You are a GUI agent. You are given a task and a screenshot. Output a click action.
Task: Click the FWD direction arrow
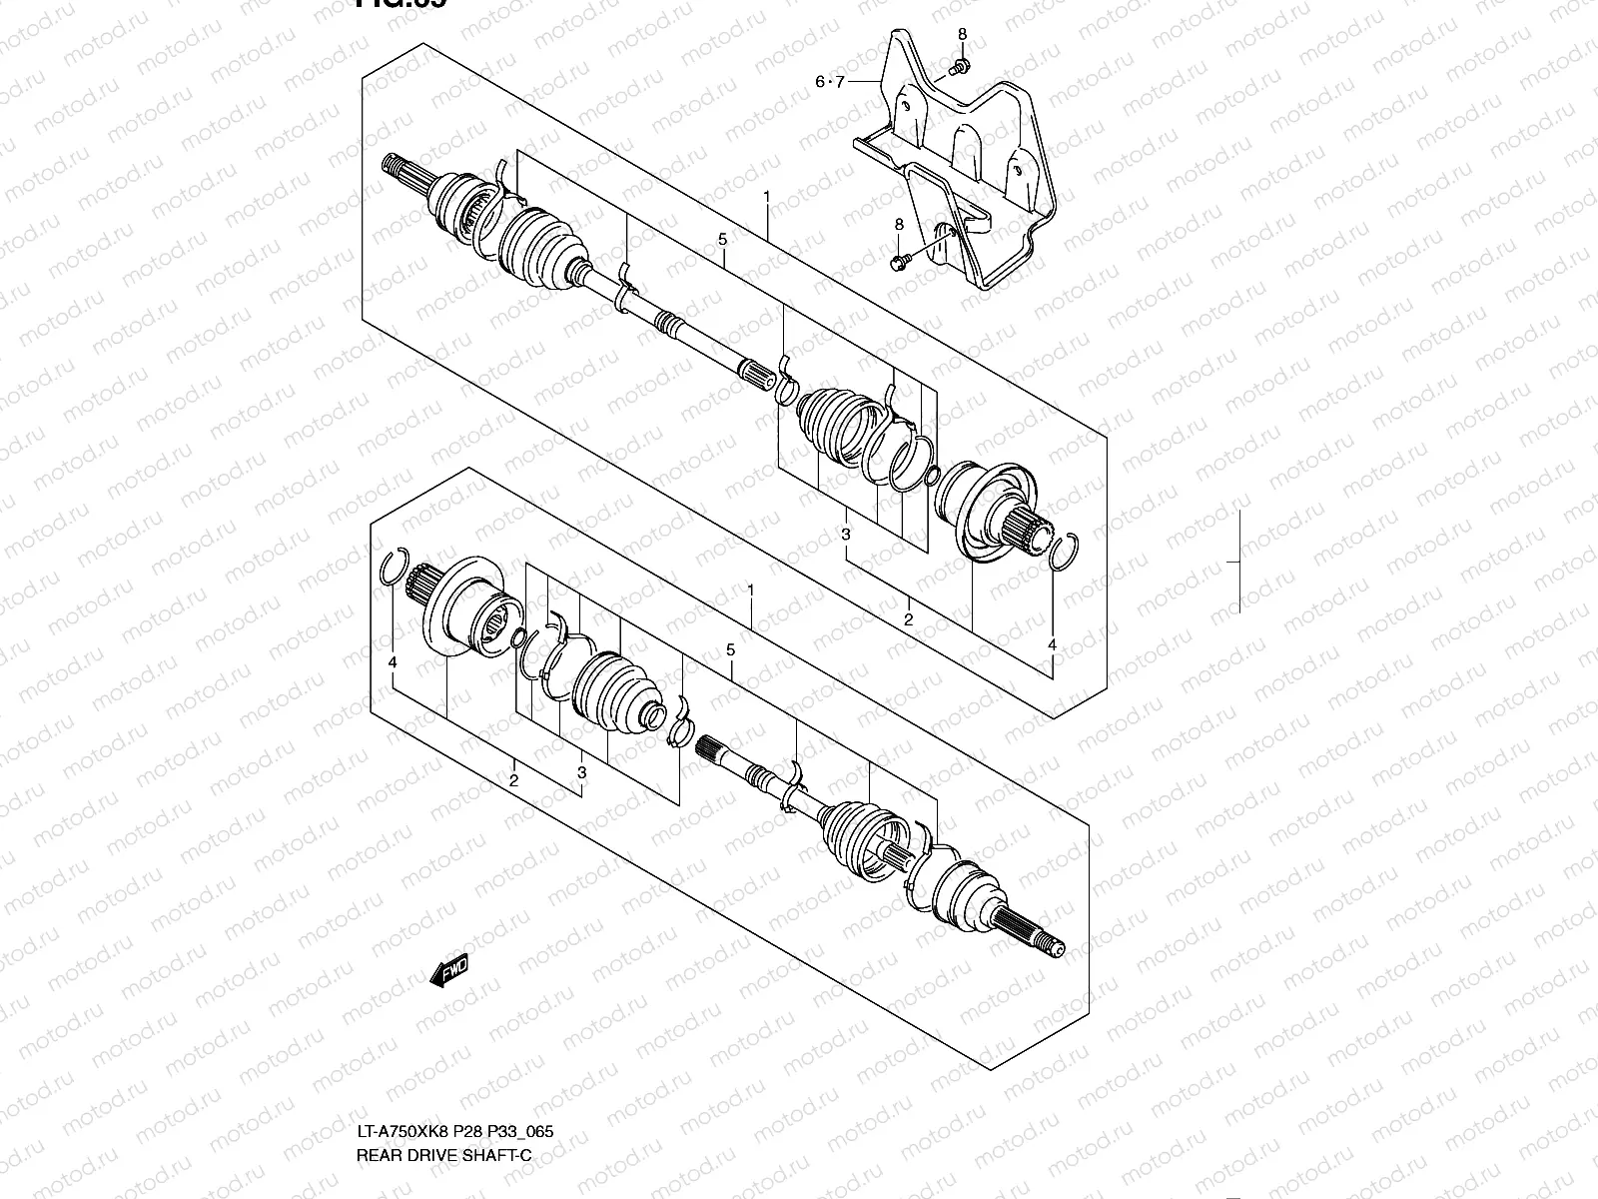coord(449,970)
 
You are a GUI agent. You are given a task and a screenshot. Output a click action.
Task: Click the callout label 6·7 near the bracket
coord(829,82)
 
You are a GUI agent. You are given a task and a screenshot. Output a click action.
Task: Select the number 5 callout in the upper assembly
coord(721,239)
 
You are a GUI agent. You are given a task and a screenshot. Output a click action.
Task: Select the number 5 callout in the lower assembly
coord(730,650)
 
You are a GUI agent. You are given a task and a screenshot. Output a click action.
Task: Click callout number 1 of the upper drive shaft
coord(767,198)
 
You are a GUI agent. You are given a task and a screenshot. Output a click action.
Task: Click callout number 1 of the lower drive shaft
coord(750,592)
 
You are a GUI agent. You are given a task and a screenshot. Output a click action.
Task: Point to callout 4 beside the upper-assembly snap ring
coord(1052,645)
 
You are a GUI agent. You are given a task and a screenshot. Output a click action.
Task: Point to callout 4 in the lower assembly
coord(394,662)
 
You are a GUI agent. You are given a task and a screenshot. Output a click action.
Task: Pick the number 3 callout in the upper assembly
coord(845,535)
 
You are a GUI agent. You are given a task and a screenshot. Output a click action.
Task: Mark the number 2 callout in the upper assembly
coord(908,619)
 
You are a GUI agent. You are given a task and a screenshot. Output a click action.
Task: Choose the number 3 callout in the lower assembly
coord(581,772)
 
